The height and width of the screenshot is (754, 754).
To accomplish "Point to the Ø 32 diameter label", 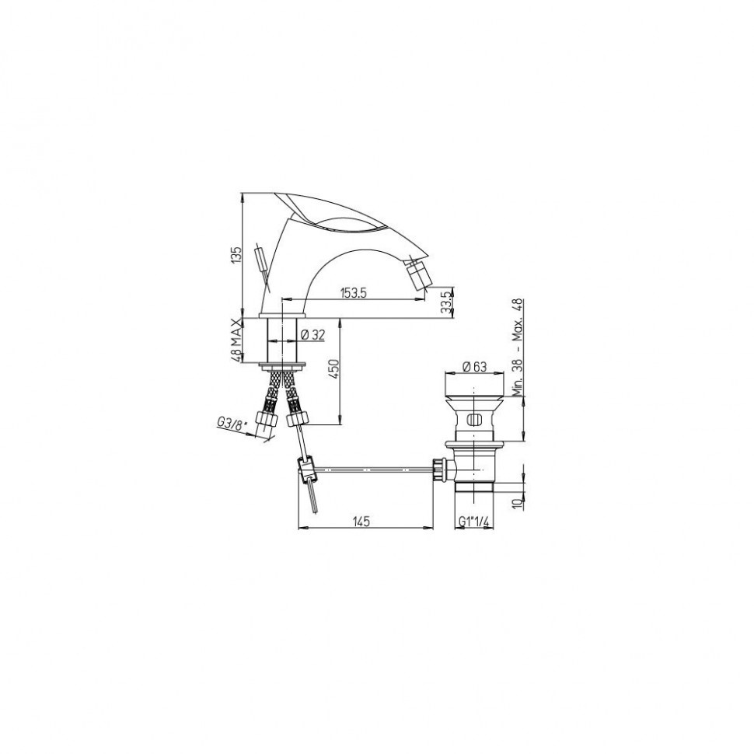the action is (312, 335).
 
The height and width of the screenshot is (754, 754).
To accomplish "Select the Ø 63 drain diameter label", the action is (475, 367).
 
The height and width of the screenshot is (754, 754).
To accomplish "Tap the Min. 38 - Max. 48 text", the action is (517, 347).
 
